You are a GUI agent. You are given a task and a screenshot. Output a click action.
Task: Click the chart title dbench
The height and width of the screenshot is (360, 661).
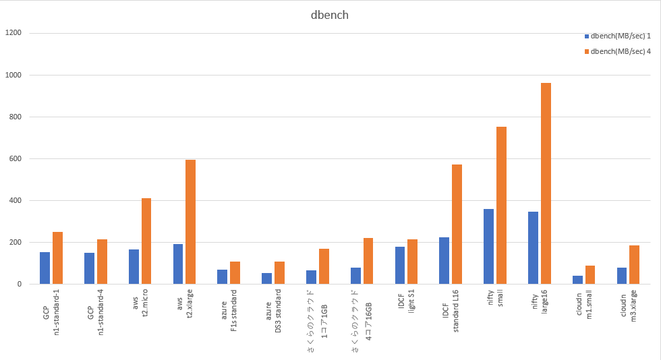click(x=330, y=15)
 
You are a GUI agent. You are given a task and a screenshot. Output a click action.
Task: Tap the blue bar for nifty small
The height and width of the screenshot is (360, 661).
click(x=488, y=247)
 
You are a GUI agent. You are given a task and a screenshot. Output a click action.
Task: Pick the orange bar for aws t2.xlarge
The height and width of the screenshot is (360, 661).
click(x=191, y=222)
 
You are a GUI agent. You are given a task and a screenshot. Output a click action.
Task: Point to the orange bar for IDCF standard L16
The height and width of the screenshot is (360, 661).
click(x=457, y=224)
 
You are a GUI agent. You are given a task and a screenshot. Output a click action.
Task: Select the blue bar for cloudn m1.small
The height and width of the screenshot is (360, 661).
click(x=577, y=280)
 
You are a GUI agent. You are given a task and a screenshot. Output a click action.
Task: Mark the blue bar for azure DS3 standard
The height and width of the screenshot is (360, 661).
click(x=266, y=278)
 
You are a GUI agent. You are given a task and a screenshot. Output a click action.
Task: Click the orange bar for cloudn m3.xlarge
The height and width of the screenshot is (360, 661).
click(x=635, y=265)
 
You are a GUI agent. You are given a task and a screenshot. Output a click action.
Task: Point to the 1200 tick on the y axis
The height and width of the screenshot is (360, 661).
click(x=13, y=33)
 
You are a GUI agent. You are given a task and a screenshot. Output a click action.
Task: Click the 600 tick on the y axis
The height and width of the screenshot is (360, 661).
click(x=16, y=159)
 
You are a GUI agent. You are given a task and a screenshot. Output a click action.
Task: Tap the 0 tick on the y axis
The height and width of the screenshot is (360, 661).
click(x=20, y=284)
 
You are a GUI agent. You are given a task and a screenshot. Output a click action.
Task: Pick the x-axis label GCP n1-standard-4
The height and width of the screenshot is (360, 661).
click(x=95, y=314)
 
